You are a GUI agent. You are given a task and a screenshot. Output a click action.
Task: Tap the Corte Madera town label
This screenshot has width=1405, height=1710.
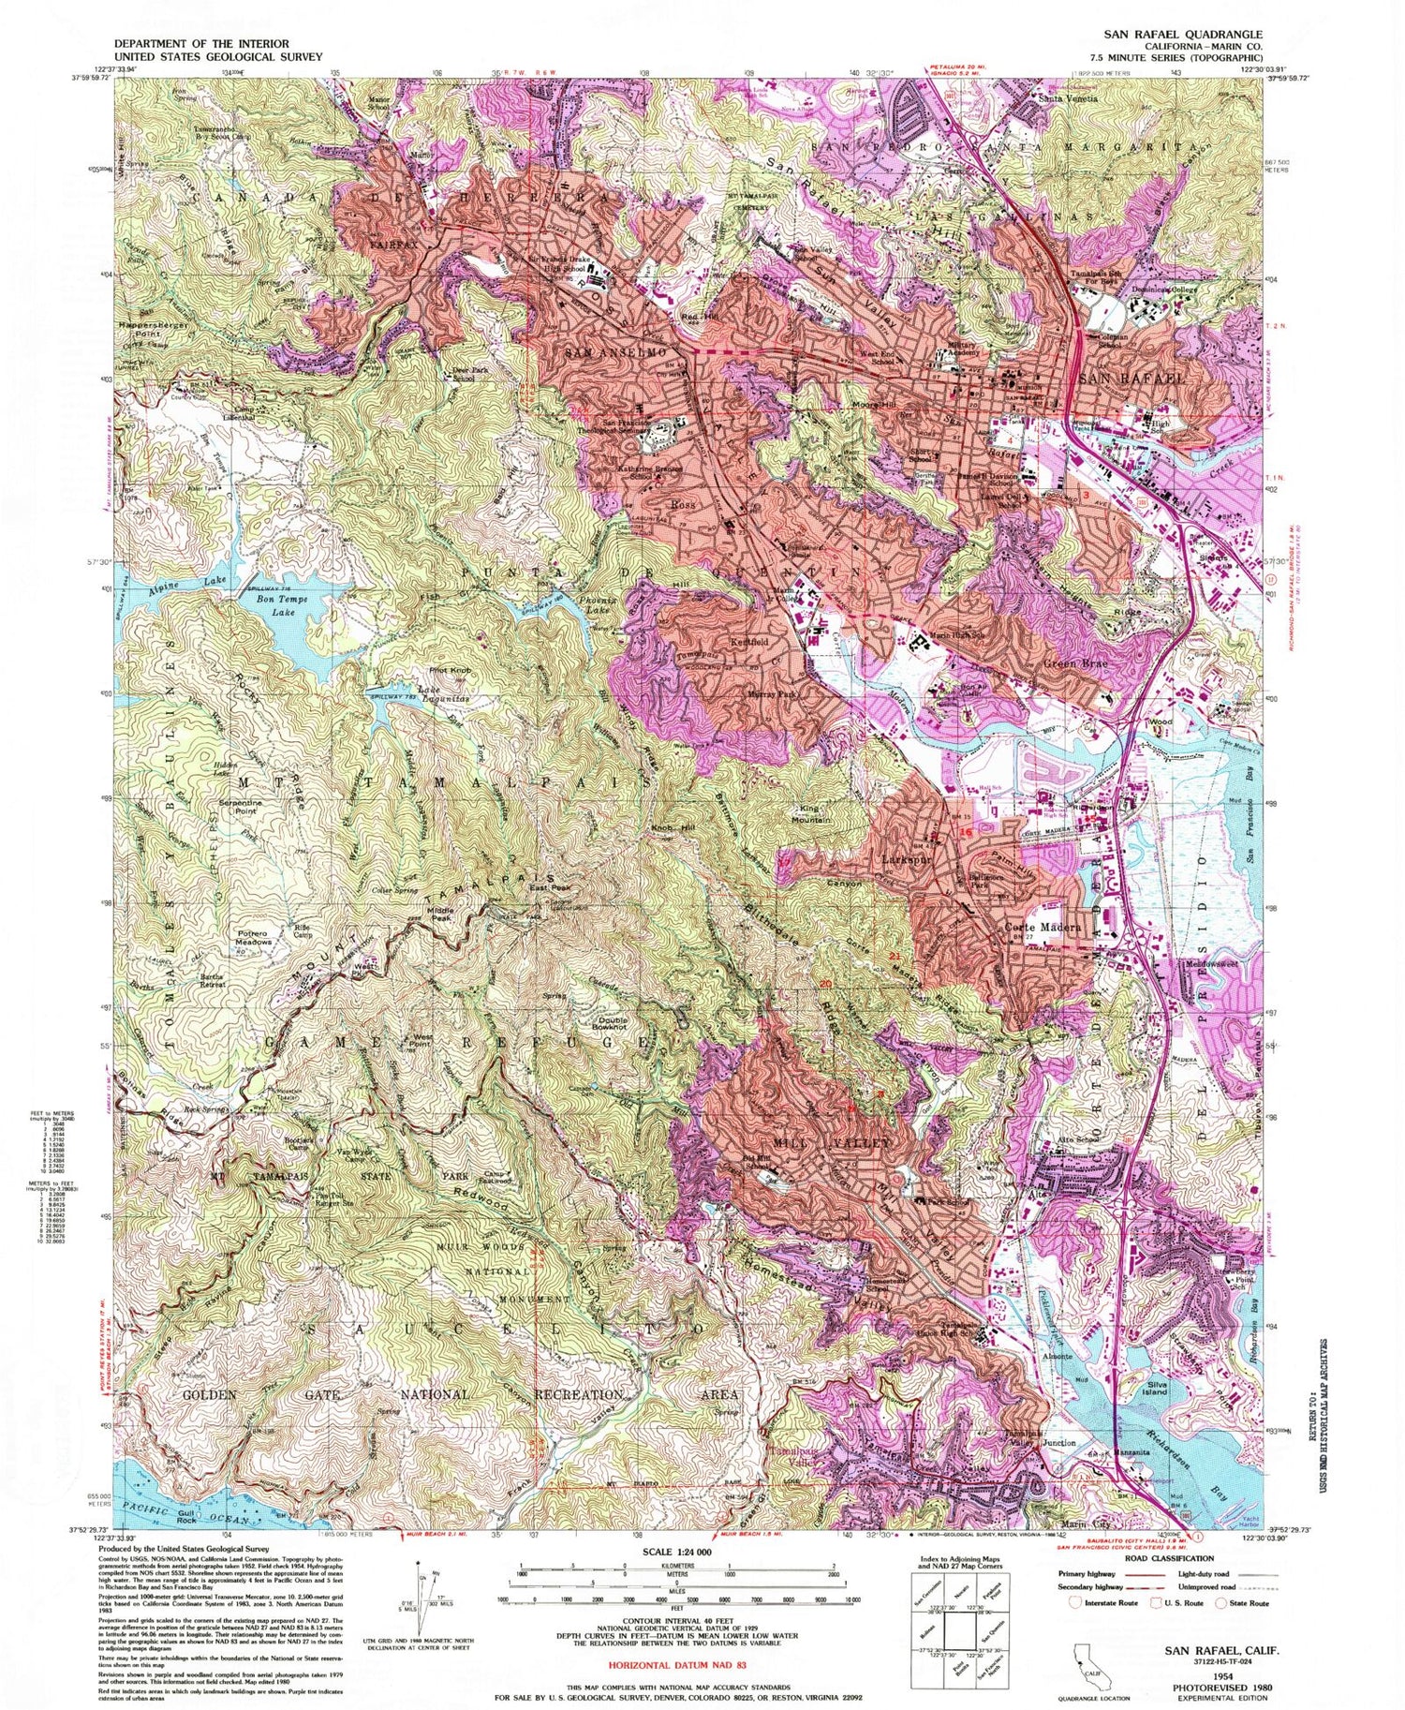pos(1042,927)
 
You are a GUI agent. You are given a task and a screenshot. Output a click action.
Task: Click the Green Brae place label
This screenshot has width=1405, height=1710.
pos(1073,662)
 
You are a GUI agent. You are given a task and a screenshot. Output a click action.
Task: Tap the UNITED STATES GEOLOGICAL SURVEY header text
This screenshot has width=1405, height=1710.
pos(218,56)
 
